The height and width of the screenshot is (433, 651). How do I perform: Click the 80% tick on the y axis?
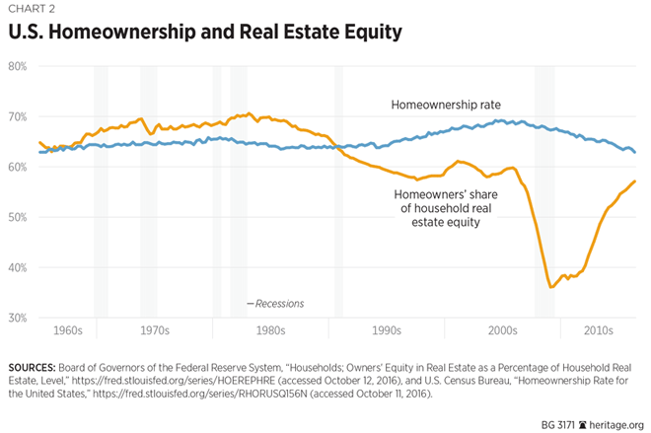[18, 66]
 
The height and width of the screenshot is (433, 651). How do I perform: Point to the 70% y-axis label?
[18, 116]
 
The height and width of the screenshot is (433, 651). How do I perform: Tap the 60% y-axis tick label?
[18, 167]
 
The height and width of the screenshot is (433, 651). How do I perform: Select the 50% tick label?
[18, 217]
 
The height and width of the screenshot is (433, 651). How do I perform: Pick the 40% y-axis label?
[18, 267]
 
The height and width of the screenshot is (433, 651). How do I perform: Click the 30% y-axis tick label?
[18, 318]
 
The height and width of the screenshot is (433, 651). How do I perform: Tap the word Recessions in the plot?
[279, 303]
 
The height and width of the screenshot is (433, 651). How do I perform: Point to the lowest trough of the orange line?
[551, 287]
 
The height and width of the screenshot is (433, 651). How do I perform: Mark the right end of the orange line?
[635, 181]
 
